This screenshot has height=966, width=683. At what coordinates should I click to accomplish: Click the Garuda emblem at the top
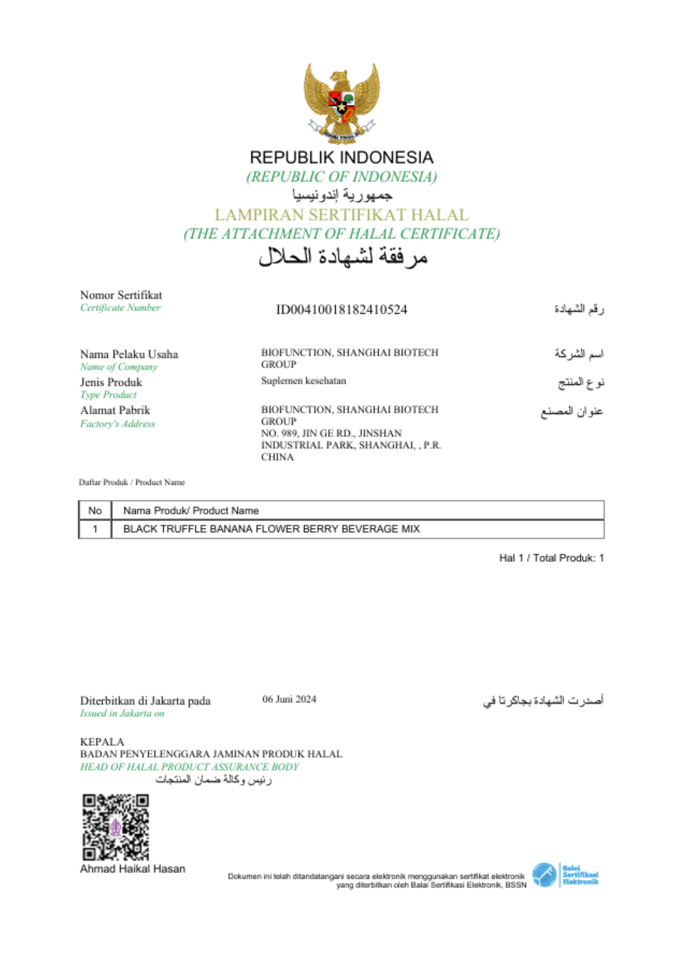tap(341, 103)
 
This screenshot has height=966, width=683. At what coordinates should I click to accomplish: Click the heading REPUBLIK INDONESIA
tap(341, 157)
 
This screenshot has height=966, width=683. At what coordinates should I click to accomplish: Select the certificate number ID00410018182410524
tap(341, 310)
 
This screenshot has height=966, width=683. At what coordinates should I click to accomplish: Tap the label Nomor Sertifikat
tap(121, 295)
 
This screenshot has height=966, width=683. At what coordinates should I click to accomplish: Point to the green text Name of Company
tap(119, 367)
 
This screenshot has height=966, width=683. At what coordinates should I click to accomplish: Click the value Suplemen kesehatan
tap(303, 381)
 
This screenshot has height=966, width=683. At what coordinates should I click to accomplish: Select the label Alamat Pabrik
tap(115, 411)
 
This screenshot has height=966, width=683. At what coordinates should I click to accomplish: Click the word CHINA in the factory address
tap(277, 457)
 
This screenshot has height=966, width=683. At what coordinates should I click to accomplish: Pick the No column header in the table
tap(95, 511)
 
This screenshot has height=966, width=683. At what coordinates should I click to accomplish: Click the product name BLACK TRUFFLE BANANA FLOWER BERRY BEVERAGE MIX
tap(271, 529)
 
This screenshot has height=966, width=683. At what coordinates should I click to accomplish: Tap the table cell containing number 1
tap(95, 529)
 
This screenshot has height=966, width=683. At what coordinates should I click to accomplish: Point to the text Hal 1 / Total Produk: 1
tap(551, 558)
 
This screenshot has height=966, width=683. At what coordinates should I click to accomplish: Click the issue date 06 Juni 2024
tap(289, 699)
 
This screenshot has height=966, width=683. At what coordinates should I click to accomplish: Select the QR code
tap(115, 827)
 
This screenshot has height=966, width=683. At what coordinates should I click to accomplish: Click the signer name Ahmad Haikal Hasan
tap(133, 869)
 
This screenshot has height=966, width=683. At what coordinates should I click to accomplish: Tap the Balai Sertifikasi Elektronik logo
tap(565, 875)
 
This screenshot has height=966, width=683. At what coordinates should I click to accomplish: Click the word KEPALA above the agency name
tap(102, 742)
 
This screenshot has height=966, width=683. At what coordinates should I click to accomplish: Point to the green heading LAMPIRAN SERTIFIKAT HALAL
tap(341, 214)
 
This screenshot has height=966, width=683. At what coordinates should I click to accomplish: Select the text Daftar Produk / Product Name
tap(132, 482)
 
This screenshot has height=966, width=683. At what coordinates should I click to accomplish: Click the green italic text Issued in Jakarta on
tap(122, 713)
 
